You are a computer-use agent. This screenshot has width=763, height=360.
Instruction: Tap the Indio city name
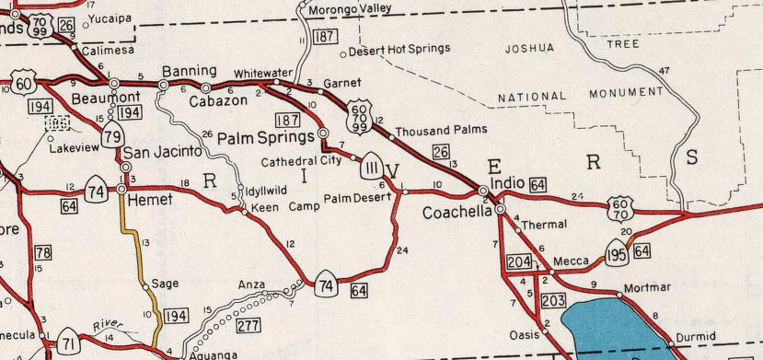tap(508, 184)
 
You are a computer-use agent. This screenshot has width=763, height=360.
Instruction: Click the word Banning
tap(189, 71)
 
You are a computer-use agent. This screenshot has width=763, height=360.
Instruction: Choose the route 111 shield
tap(372, 166)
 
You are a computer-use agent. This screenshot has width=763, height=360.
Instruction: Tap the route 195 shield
tap(617, 250)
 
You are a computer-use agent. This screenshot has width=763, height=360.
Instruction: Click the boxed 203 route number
tap(553, 301)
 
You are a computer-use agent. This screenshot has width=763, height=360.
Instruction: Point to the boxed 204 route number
tap(519, 261)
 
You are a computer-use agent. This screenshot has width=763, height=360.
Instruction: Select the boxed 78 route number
tap(42, 252)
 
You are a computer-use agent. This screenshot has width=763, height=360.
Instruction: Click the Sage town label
tap(164, 285)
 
